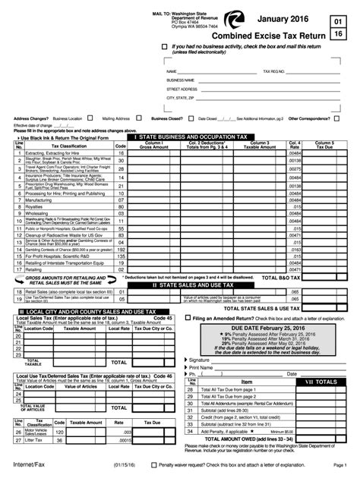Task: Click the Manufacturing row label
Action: [x=37, y=201]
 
